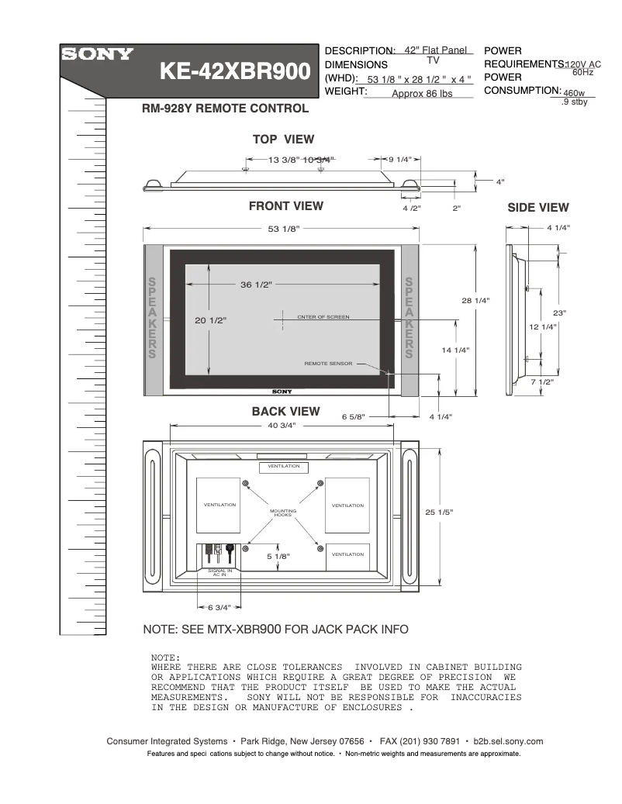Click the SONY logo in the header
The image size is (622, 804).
(x=98, y=55)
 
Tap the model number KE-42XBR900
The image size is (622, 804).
(x=234, y=72)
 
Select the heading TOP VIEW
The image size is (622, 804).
(x=283, y=140)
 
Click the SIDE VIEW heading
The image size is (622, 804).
(x=537, y=208)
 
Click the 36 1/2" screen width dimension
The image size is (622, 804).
(x=256, y=285)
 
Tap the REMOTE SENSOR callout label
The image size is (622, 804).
(x=328, y=364)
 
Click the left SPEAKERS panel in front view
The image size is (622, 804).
(x=153, y=318)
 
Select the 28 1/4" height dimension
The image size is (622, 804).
(x=476, y=300)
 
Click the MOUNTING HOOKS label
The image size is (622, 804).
(x=283, y=513)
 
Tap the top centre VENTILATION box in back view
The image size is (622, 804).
(x=284, y=467)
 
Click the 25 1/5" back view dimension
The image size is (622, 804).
(x=439, y=512)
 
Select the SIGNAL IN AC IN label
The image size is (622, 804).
(x=220, y=573)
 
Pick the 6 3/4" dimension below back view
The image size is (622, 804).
(x=219, y=607)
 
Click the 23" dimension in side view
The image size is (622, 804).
(x=559, y=312)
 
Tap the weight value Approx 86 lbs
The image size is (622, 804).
(x=421, y=94)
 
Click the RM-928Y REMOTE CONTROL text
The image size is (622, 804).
(x=225, y=109)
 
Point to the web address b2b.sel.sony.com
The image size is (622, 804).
(x=507, y=741)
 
